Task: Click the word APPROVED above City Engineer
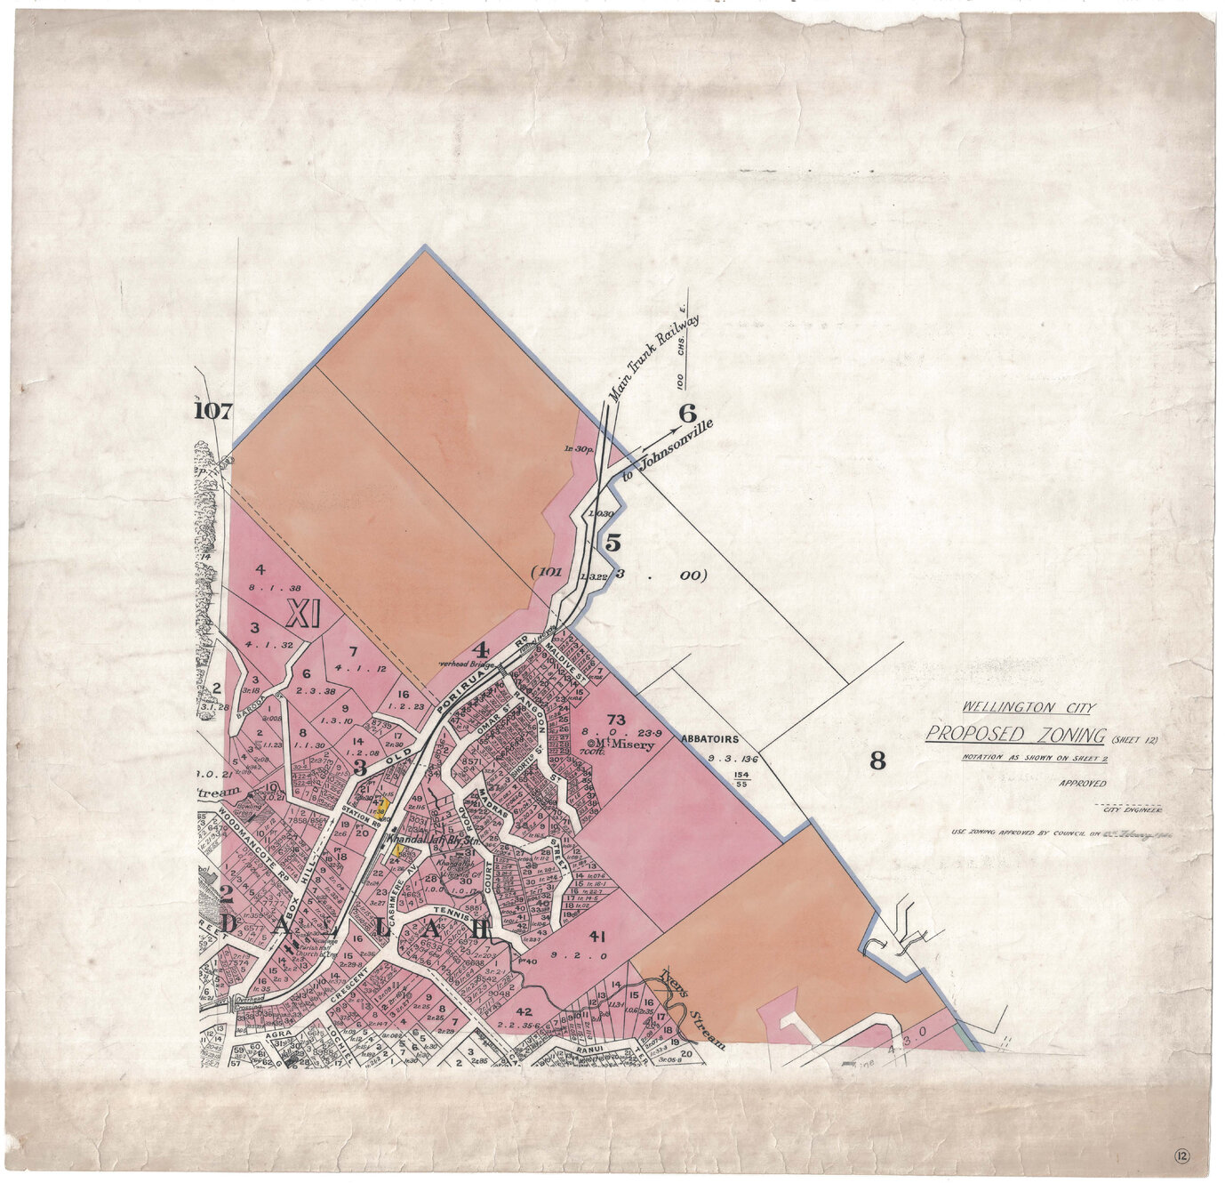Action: click(1082, 784)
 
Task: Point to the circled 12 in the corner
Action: click(1181, 1156)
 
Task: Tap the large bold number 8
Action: click(877, 760)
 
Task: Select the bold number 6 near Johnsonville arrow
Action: click(686, 414)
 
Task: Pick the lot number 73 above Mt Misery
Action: click(616, 719)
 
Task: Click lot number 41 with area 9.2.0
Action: click(596, 936)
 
